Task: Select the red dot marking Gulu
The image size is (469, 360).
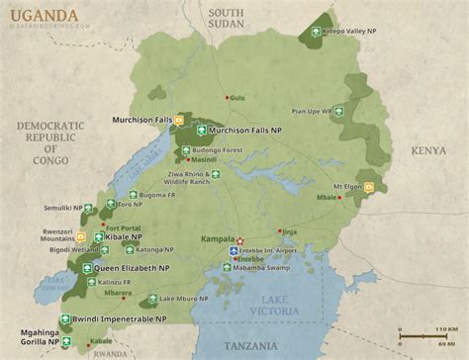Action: pyautogui.click(x=228, y=96)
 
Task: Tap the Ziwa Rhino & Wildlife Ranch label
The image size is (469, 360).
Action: pyautogui.click(x=244, y=179)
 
